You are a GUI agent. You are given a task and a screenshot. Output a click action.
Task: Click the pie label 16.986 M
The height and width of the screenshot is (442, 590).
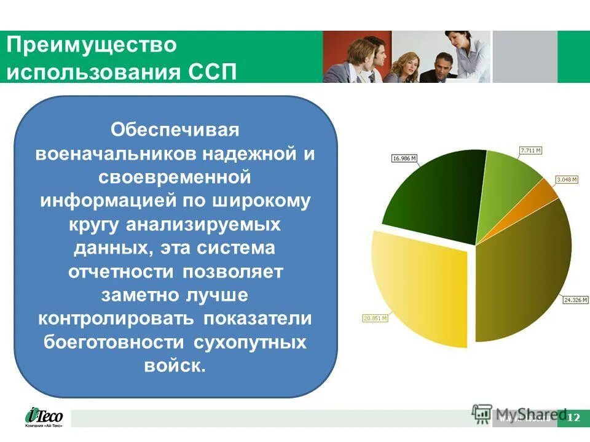coord(404,158)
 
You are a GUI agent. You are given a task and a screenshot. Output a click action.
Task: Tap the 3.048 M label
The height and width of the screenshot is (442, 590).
coord(566,180)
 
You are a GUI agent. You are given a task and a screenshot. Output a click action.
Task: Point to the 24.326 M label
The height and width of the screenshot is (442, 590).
coord(576,300)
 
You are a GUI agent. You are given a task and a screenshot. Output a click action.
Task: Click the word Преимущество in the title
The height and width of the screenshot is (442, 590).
coord(92,45)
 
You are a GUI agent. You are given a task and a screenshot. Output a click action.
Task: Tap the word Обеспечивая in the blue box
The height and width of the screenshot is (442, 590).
coord(174,130)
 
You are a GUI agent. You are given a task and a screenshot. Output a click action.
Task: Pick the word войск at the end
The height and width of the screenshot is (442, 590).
coord(173,365)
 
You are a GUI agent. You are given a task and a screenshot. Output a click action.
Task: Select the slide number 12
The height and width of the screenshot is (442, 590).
coord(573,418)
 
